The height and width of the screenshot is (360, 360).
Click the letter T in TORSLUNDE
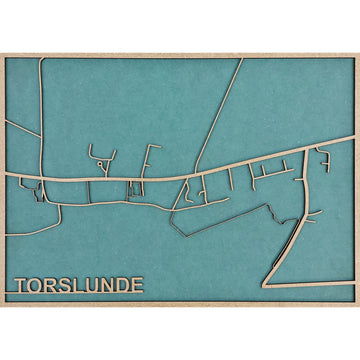(x=23, y=285)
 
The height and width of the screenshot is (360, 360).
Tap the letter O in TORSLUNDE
(x=38, y=285)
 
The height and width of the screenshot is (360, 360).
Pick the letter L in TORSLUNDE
(x=80, y=285)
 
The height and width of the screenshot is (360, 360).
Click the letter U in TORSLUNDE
(x=93, y=285)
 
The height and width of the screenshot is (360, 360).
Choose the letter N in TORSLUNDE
(x=108, y=285)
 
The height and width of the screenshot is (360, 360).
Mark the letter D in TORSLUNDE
(x=123, y=285)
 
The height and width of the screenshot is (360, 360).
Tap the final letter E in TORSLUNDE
(x=137, y=285)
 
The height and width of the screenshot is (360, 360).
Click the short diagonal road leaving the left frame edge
(x=20, y=129)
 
